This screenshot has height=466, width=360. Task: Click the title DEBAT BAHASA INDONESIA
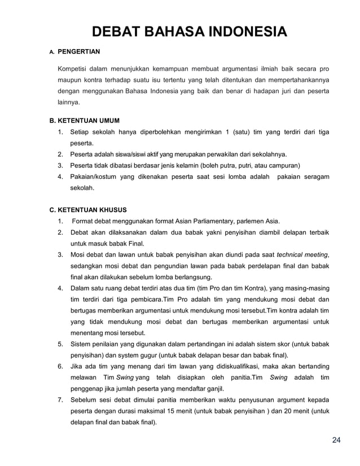pos(189,31)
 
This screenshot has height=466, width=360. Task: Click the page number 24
pos(336,440)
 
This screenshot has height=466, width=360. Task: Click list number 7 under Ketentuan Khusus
pos(60,400)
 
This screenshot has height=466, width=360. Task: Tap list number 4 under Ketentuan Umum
pos(60,177)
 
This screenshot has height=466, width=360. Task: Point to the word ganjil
pos(214,389)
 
